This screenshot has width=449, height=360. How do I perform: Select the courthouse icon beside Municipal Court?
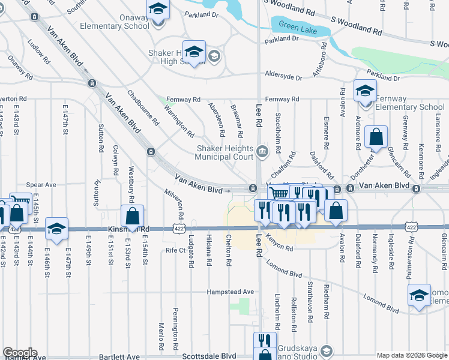click(x=262, y=151)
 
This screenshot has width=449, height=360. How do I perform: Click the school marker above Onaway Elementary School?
click(x=158, y=8)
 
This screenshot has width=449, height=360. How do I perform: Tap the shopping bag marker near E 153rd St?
click(x=132, y=216)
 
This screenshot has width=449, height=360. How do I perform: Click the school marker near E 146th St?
click(x=57, y=229)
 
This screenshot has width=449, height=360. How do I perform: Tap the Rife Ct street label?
click(x=175, y=250)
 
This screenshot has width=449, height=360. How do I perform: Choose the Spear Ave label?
click(x=41, y=185)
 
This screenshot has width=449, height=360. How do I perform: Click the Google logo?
click(x=20, y=353)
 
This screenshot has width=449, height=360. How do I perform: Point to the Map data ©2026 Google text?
click(x=412, y=355)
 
